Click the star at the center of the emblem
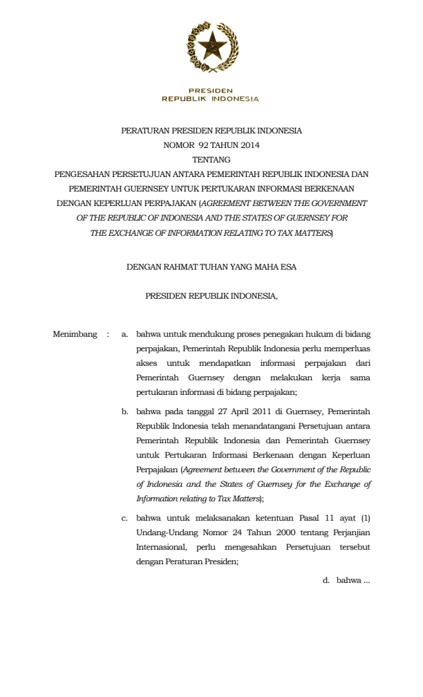[x=211, y=46]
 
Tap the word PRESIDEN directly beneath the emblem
[x=211, y=91]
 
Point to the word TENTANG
[x=211, y=160]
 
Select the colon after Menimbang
[x=107, y=335]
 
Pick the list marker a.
[x=124, y=335]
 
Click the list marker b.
[x=124, y=411]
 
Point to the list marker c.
[x=124, y=518]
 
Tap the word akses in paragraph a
[x=147, y=363]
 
